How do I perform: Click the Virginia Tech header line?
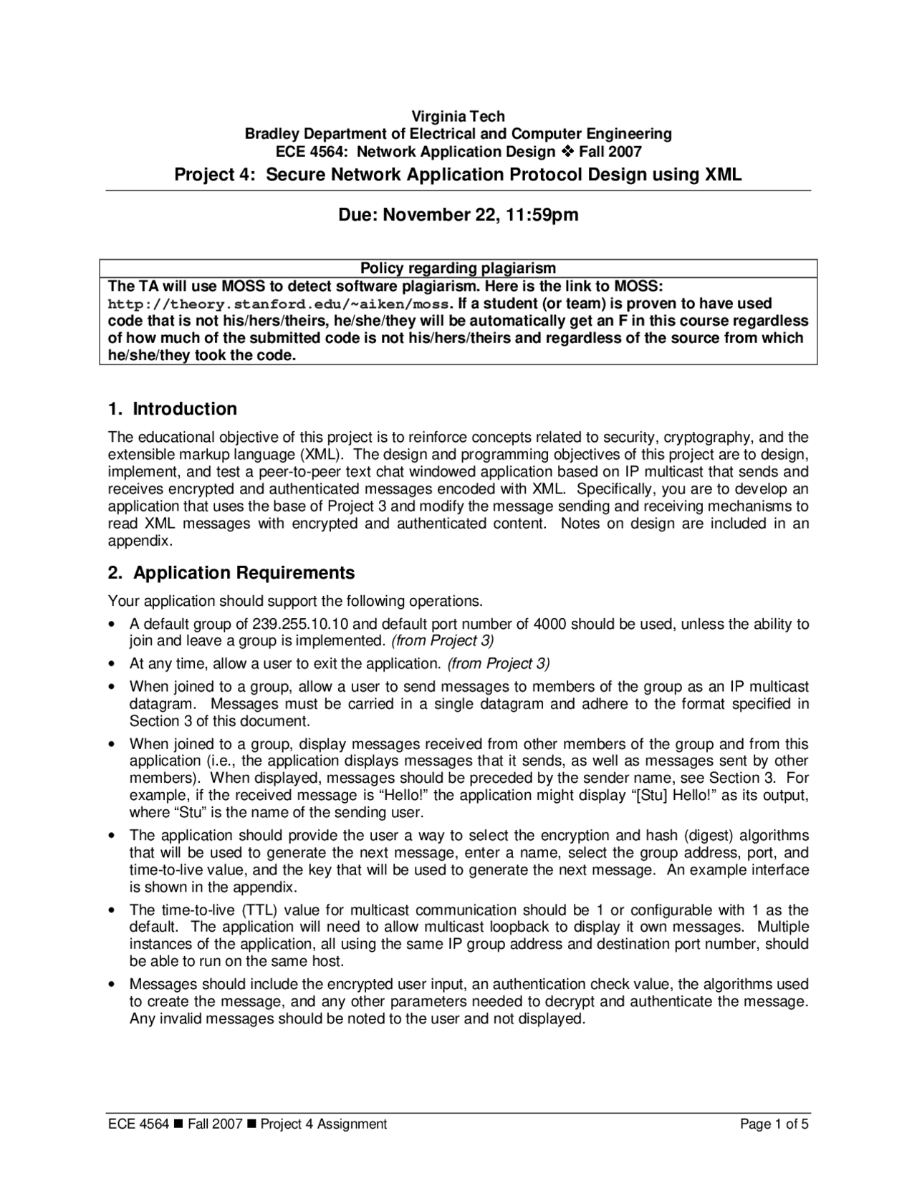458,116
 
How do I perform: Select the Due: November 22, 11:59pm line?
458,215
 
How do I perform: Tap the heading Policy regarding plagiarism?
458,268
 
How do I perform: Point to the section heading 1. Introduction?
172,409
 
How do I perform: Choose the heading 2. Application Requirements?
231,573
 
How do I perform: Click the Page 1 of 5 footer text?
774,1124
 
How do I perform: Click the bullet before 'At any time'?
112,664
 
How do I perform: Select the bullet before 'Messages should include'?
112,985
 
